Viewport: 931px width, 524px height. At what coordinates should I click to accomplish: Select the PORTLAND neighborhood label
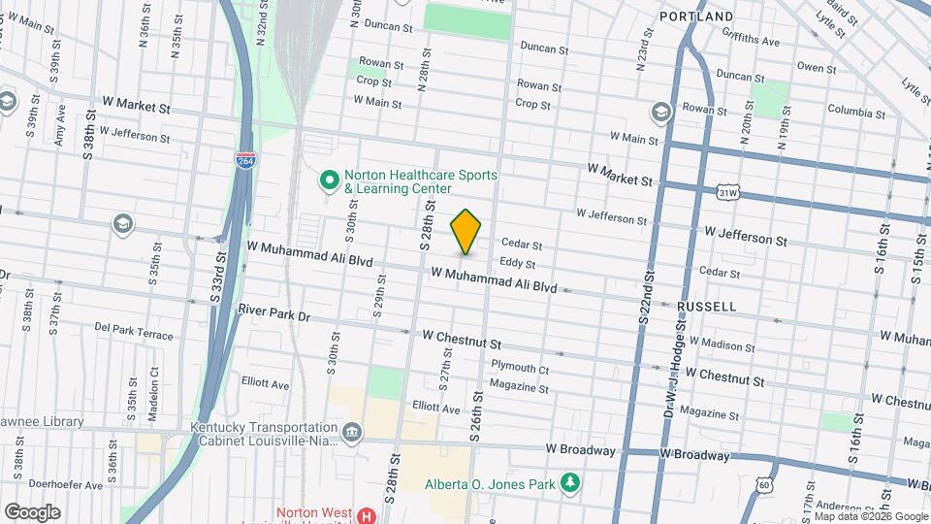click(x=696, y=17)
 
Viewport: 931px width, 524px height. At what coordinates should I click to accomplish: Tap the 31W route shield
click(x=727, y=193)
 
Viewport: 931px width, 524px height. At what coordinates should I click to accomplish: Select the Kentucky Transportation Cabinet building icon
click(x=351, y=431)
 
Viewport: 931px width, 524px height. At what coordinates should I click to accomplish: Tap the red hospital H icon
click(x=367, y=514)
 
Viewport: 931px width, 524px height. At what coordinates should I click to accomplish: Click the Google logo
click(x=32, y=511)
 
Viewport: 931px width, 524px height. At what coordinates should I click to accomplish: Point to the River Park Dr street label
click(x=273, y=315)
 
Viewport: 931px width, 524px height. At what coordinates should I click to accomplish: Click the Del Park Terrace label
click(x=134, y=331)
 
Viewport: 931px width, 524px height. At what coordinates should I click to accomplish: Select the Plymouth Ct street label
click(x=520, y=368)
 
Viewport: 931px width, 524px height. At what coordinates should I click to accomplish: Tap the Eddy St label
click(x=517, y=263)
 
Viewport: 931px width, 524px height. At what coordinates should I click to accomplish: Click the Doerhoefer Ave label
click(x=66, y=484)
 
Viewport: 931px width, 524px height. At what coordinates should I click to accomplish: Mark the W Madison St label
click(x=720, y=345)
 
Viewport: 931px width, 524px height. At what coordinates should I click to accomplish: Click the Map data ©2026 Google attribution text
click(x=870, y=516)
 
